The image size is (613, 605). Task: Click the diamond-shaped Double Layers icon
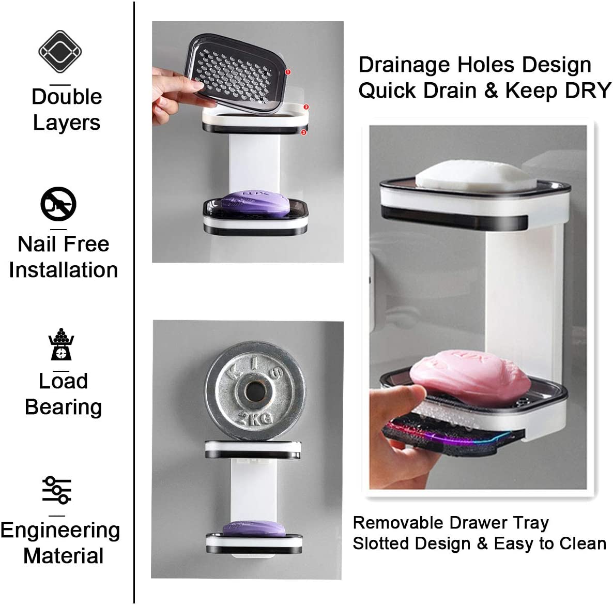point(60,52)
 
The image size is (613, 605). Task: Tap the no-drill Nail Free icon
point(58,204)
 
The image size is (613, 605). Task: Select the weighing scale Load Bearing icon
point(61,344)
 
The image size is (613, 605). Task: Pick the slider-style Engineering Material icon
point(57,489)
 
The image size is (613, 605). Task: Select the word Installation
point(63,270)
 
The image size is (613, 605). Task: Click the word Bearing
point(63,407)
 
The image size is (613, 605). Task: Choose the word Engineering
point(60,531)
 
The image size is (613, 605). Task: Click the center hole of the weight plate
point(254,391)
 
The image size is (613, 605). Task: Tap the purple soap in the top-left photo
point(257,204)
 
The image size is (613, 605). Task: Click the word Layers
point(66,123)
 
